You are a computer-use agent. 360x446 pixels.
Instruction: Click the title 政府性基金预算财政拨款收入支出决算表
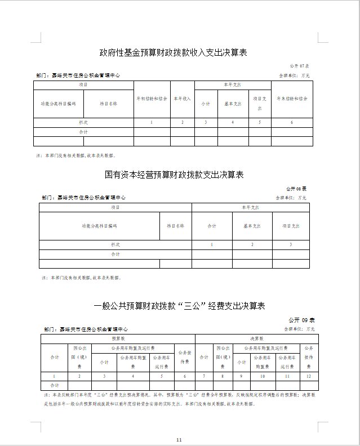(174, 53)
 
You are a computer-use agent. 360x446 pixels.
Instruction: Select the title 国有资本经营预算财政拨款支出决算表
(174, 175)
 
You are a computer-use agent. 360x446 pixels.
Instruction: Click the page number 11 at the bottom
(179, 439)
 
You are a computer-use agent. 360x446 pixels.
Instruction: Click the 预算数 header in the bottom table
(118, 338)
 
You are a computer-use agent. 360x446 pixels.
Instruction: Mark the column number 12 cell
(308, 376)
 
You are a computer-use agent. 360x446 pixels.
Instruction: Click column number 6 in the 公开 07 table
(292, 122)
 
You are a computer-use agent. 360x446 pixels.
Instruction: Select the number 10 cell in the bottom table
(262, 376)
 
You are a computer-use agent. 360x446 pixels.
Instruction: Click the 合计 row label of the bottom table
(55, 385)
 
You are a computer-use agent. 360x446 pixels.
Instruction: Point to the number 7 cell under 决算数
(202, 376)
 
